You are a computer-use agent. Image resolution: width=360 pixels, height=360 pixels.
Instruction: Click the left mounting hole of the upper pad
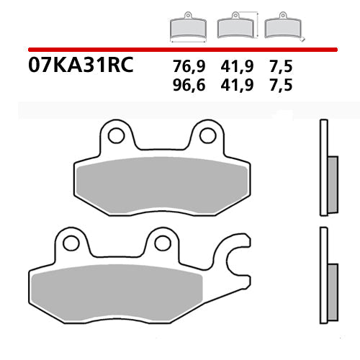(x=114, y=135)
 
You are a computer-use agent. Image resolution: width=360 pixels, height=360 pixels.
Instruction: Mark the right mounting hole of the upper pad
(x=207, y=135)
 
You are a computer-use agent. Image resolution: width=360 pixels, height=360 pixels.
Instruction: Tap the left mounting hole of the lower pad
(x=71, y=243)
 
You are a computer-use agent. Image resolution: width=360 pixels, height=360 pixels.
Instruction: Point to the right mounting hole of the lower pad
(x=162, y=243)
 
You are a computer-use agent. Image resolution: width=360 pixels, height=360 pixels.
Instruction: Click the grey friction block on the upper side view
(x=332, y=184)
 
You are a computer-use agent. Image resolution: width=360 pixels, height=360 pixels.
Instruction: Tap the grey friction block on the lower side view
(x=332, y=292)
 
